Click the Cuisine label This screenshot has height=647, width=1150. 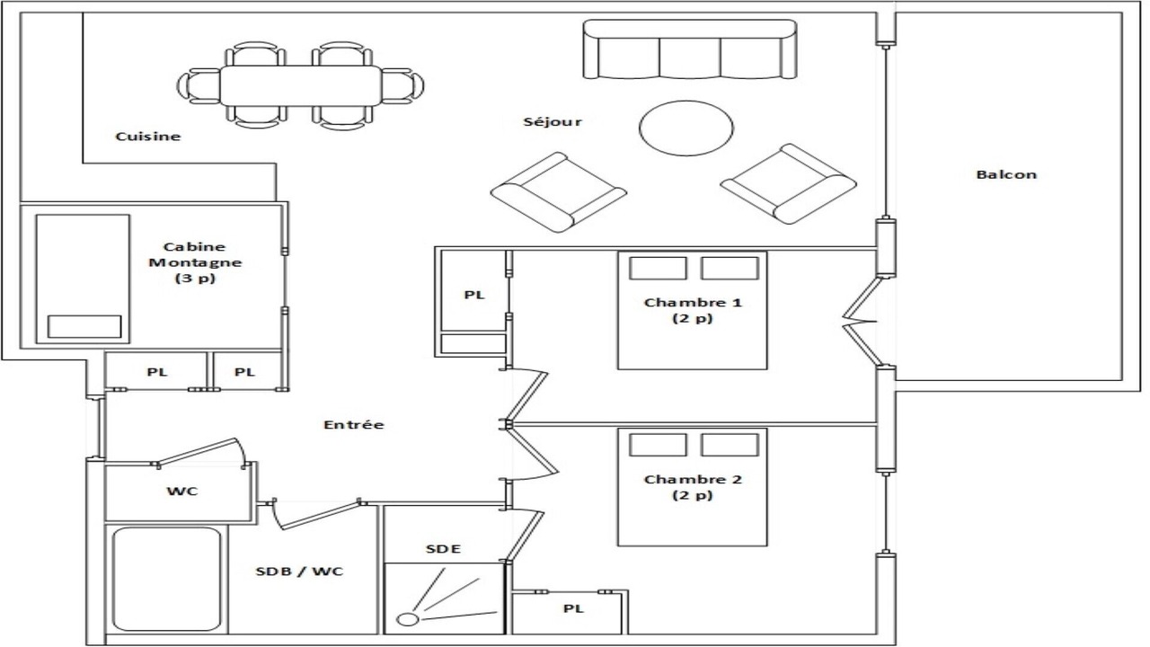pyautogui.click(x=148, y=137)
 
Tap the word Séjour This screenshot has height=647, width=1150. pyautogui.click(x=553, y=121)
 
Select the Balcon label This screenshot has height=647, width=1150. pyautogui.click(x=1006, y=174)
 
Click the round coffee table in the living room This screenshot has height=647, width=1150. pyautogui.click(x=686, y=128)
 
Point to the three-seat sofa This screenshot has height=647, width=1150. pyautogui.click(x=690, y=49)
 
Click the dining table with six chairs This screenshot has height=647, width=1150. pyautogui.click(x=301, y=85)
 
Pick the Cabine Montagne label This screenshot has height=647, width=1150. pyautogui.click(x=195, y=262)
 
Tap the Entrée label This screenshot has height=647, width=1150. pyautogui.click(x=354, y=425)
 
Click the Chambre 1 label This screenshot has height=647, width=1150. pyautogui.click(x=693, y=310)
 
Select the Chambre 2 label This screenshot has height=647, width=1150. pyautogui.click(x=693, y=487)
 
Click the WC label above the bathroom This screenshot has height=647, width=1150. pyautogui.click(x=182, y=492)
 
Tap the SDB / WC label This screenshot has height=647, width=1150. pyautogui.click(x=299, y=572)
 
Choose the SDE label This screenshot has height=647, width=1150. pyautogui.click(x=444, y=549)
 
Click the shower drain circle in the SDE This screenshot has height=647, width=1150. pyautogui.click(x=408, y=619)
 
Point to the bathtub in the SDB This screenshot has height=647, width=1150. pyautogui.click(x=167, y=580)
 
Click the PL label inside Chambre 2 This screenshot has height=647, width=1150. pyautogui.click(x=573, y=608)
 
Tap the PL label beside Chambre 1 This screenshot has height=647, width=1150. pyautogui.click(x=474, y=295)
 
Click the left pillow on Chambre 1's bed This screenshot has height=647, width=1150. pyautogui.click(x=658, y=268)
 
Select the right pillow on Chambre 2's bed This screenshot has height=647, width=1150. pyautogui.click(x=730, y=445)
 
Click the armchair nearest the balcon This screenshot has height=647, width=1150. pyautogui.click(x=789, y=184)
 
